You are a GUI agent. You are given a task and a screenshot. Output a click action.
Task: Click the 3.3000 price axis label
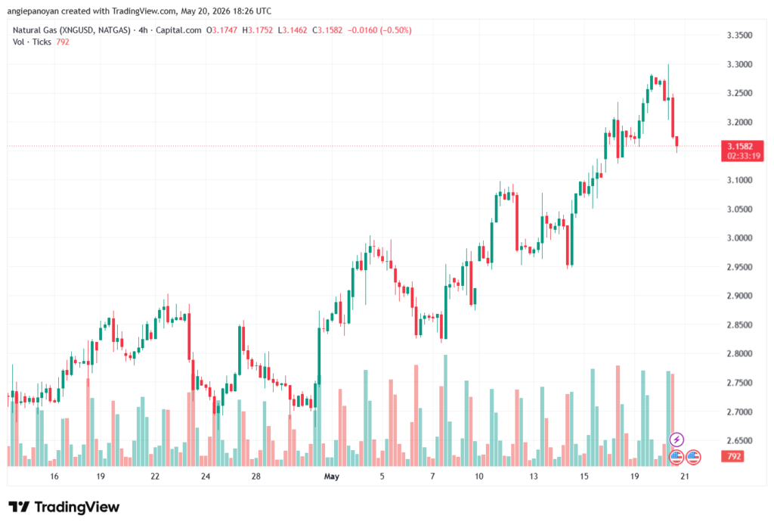click(739, 64)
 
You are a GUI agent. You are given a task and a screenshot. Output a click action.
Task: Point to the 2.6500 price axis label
click(739, 440)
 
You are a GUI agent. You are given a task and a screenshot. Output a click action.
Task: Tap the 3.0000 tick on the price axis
click(739, 238)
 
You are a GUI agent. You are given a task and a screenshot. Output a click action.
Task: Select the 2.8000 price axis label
click(739, 354)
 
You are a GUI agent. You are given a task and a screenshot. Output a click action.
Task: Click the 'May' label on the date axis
click(332, 477)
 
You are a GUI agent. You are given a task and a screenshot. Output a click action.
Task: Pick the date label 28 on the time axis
click(255, 477)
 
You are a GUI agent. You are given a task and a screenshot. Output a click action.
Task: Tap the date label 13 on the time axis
click(533, 477)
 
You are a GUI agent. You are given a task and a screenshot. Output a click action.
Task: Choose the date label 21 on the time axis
click(684, 477)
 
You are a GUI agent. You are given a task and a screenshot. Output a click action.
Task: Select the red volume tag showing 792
click(733, 456)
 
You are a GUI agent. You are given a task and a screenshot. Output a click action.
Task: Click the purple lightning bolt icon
click(676, 439)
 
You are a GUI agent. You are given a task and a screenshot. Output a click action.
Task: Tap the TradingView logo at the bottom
click(63, 507)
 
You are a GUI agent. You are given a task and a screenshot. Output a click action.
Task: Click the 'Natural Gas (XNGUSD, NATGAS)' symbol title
click(72, 30)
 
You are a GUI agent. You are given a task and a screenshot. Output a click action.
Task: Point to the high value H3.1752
click(257, 30)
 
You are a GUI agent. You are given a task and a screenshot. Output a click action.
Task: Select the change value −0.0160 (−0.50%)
click(379, 30)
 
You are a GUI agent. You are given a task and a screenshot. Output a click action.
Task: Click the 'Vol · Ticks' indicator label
click(32, 42)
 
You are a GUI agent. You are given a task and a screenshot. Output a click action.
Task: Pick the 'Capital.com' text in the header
click(178, 30)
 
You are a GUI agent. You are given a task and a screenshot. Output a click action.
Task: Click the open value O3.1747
click(221, 30)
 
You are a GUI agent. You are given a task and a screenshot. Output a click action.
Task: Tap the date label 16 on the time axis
click(54, 477)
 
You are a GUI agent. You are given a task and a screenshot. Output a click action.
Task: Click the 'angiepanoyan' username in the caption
click(33, 11)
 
